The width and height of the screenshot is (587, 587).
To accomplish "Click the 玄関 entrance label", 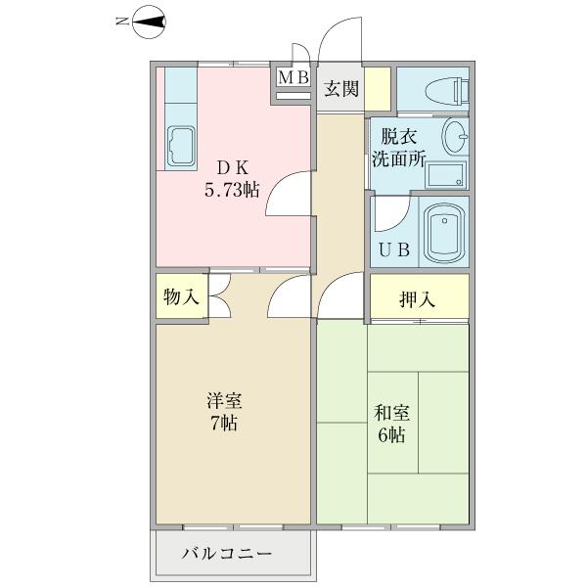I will (x=341, y=89).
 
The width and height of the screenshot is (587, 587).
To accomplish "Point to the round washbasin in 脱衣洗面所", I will (x=455, y=135).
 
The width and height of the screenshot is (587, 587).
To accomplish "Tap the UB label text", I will (x=393, y=248).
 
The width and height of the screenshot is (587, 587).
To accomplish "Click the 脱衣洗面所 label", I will (x=397, y=149).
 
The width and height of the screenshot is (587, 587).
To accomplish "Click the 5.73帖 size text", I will (x=232, y=191).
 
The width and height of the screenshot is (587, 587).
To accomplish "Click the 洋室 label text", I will (x=224, y=401).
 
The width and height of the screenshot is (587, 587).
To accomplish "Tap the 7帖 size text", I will (x=224, y=424).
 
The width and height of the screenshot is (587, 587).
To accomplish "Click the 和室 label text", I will (x=390, y=412).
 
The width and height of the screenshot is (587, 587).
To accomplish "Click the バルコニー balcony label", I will (x=227, y=555).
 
